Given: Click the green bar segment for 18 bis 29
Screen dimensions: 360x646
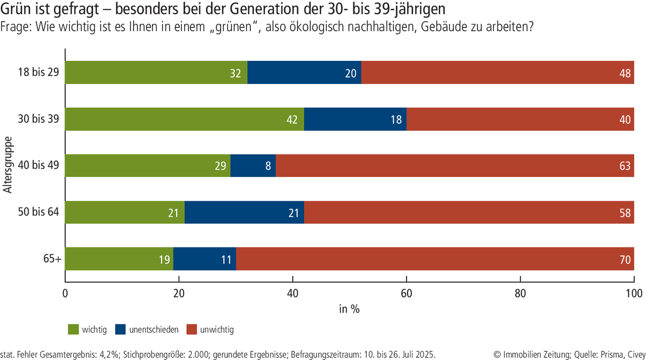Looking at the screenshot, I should pos(156,73).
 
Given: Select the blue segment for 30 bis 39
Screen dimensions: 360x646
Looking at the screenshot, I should pos(355,119).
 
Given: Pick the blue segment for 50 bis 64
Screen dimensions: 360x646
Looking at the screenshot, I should pos(244,213).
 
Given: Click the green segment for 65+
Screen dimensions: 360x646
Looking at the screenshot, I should pos(119,259).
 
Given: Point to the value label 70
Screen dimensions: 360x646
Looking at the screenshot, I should pos(625,259).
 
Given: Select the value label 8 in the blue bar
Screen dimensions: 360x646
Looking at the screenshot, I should pos(268,166).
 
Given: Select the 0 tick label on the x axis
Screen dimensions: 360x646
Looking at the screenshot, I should pos(65,294).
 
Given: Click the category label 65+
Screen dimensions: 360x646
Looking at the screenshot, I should pos(53,259).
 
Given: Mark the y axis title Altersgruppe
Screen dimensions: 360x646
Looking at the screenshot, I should pos(8,166).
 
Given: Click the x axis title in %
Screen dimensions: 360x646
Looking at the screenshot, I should pos(349,309).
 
